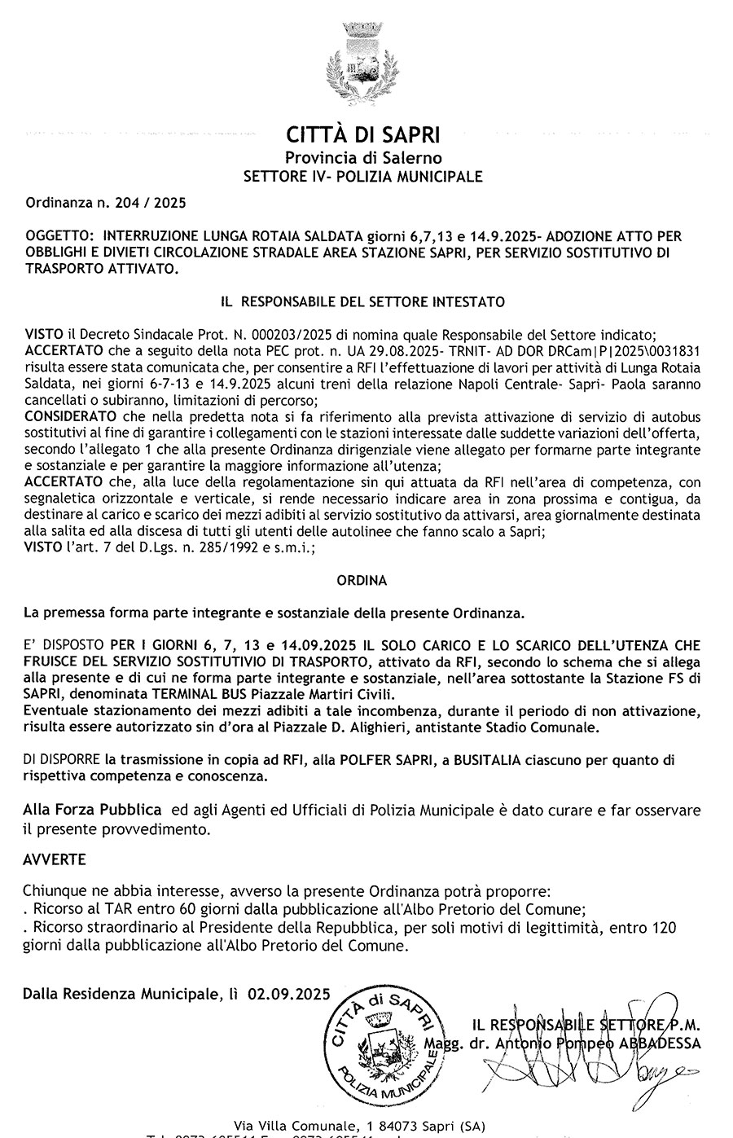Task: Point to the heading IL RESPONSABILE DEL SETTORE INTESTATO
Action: (x=363, y=301)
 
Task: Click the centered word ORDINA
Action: (x=362, y=581)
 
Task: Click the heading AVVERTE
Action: (x=54, y=859)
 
